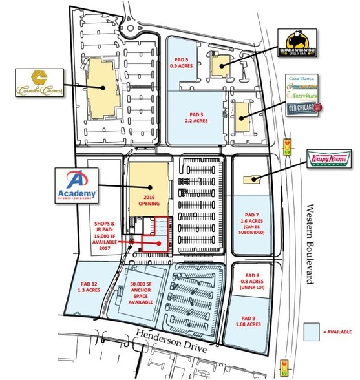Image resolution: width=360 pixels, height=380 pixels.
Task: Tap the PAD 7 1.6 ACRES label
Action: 249,222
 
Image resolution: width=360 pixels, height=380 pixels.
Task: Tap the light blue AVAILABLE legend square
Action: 316,331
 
